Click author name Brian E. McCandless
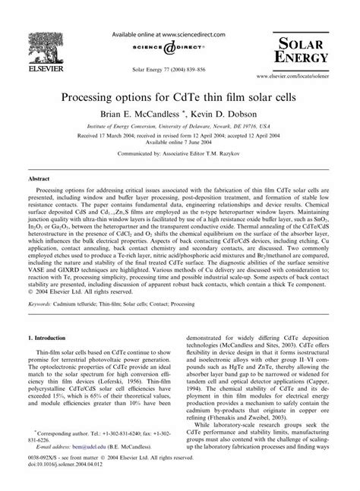(138, 115)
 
